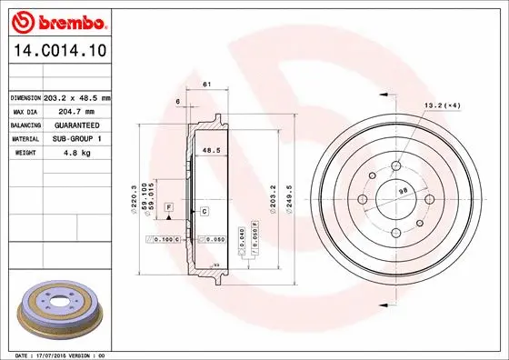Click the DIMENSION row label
[x=26, y=96]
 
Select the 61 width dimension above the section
[x=206, y=85]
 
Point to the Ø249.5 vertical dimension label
[x=287, y=194]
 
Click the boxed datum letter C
[x=205, y=211]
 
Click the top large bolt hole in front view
[x=397, y=165]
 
